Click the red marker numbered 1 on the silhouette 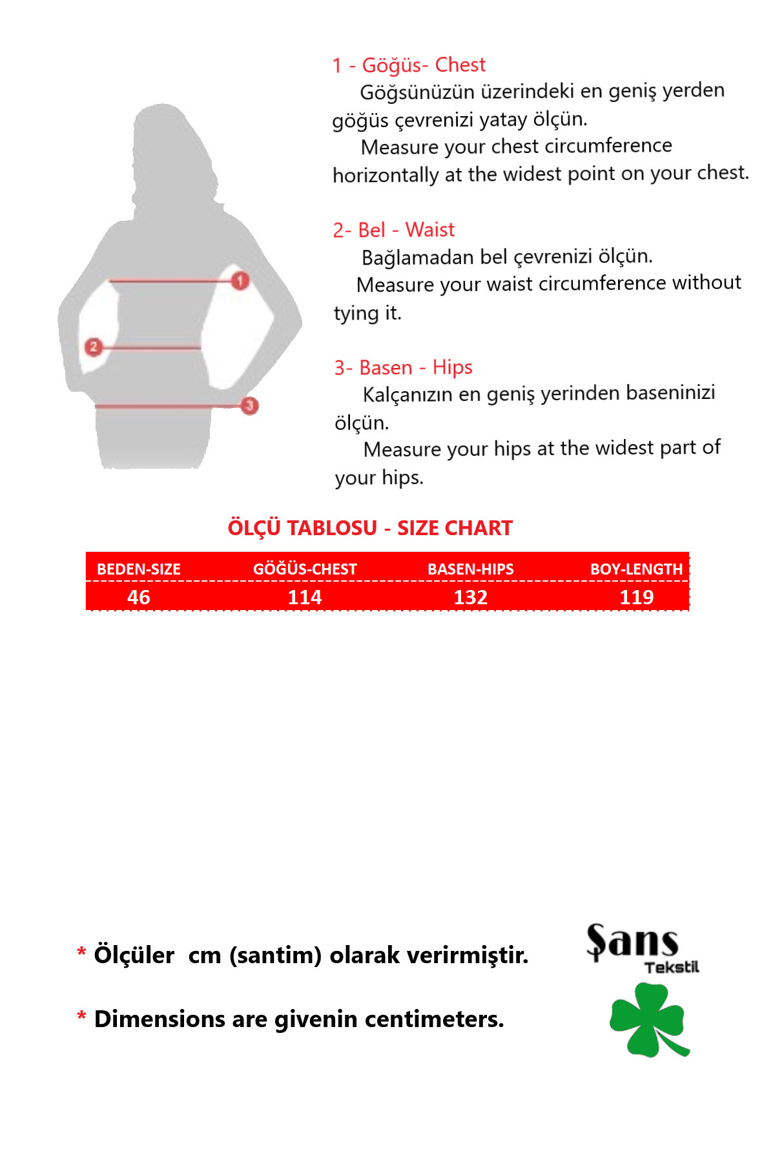point(240,281)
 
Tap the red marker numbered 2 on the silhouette point(94,347)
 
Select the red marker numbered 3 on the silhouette point(249,405)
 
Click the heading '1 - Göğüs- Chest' point(408,65)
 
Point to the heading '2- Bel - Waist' point(393,230)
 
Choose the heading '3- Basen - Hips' point(403,367)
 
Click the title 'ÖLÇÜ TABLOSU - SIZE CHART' point(369,528)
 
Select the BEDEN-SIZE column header point(139,569)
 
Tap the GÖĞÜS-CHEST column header point(305,569)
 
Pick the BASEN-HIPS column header point(470,569)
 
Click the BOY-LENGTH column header point(636,569)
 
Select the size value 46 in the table point(139,597)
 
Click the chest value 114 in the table point(305,597)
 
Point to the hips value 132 point(470,597)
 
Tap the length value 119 point(636,597)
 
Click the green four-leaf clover point(647,1019)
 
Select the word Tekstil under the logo point(672,967)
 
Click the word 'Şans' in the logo point(632,942)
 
